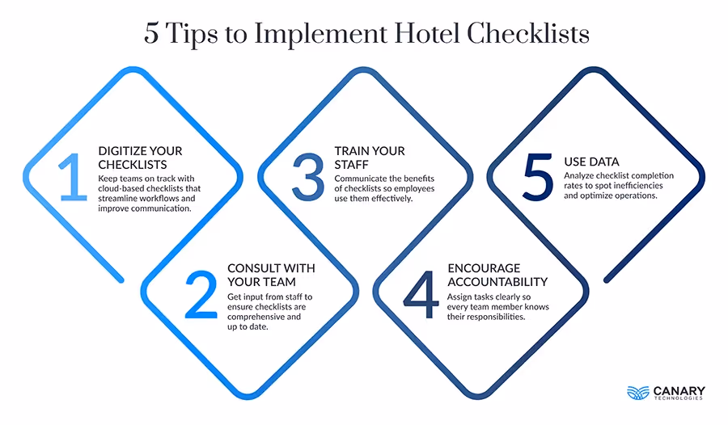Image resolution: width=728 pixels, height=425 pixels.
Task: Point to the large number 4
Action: pyautogui.click(x=419, y=293)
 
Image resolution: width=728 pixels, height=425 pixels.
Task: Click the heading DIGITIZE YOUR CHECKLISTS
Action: pyautogui.click(x=140, y=158)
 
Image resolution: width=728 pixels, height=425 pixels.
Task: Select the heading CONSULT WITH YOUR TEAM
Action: pyautogui.click(x=271, y=275)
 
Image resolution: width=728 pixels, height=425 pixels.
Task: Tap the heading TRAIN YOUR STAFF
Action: pyautogui.click(x=370, y=158)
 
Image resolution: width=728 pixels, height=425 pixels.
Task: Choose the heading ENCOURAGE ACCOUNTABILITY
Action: pyautogui.click(x=497, y=275)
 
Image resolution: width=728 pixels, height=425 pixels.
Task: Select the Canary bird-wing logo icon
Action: pyautogui.click(x=638, y=393)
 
